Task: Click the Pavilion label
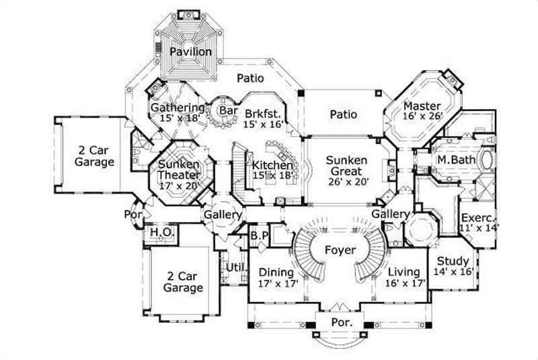coord(190,52)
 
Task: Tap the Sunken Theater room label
coord(179,170)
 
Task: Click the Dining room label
coord(276,273)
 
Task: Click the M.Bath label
coord(452,160)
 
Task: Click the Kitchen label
coord(272,166)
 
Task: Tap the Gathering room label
coord(177,108)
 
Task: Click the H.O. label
coord(159,232)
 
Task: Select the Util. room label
coord(234,268)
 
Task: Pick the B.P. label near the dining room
coord(260,236)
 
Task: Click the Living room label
coord(403,273)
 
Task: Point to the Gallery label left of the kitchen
coord(224,215)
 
